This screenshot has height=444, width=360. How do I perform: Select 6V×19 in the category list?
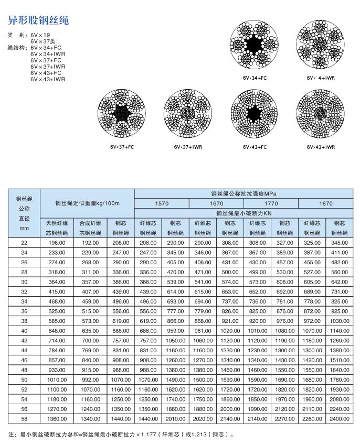(x=40, y=35)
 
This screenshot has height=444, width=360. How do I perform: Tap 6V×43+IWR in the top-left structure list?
(x=48, y=80)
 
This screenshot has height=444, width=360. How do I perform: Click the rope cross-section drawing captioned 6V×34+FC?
(x=255, y=48)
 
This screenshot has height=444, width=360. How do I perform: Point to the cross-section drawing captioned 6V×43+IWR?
(x=321, y=114)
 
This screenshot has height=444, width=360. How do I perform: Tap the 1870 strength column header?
(x=325, y=203)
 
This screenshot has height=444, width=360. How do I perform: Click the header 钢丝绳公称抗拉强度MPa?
(x=243, y=194)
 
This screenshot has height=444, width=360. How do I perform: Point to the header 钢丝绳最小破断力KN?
(x=243, y=213)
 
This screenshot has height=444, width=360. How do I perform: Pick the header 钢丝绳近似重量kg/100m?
(x=88, y=203)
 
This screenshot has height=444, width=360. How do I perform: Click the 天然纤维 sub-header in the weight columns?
(x=56, y=223)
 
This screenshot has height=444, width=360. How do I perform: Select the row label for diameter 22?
(x=24, y=243)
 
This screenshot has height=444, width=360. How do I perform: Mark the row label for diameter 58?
(x=24, y=419)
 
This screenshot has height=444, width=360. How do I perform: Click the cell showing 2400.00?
(x=339, y=419)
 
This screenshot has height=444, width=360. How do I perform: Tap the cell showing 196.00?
(x=56, y=243)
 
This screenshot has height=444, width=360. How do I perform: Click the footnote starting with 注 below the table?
(x=121, y=435)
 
